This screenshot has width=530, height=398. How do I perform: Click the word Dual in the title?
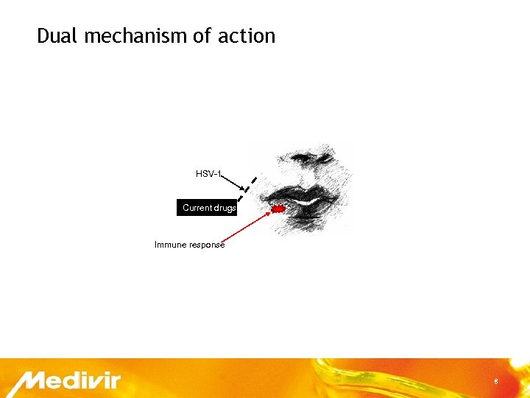[57, 35]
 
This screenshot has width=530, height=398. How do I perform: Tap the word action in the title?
[247, 35]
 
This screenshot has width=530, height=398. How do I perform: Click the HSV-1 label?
[208, 174]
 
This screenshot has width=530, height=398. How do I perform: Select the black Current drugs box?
[207, 208]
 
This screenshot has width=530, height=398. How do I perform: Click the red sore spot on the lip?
[279, 209]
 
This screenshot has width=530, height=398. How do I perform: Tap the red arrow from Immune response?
[247, 226]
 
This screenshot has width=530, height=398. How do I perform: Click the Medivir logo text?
[70, 382]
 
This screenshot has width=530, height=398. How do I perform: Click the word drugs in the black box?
[225, 208]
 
